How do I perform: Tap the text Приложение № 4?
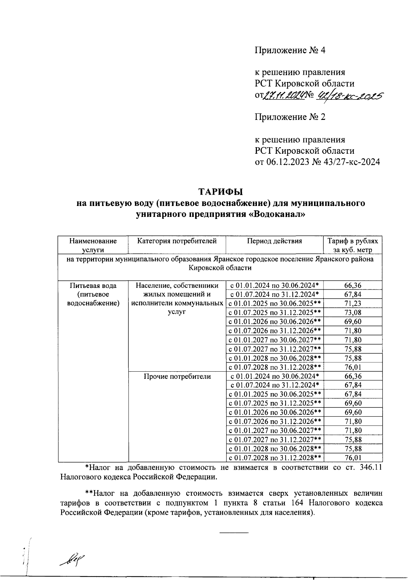[x=290, y=51]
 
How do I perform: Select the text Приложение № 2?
[x=290, y=117]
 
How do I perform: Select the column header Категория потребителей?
[x=177, y=241]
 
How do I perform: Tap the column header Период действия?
[x=274, y=241]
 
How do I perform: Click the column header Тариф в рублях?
[x=353, y=241]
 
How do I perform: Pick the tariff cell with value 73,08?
[x=353, y=313]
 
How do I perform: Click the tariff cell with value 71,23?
[x=353, y=303]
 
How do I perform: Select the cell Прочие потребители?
[x=177, y=376]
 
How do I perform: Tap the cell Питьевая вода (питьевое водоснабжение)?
[x=93, y=294]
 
